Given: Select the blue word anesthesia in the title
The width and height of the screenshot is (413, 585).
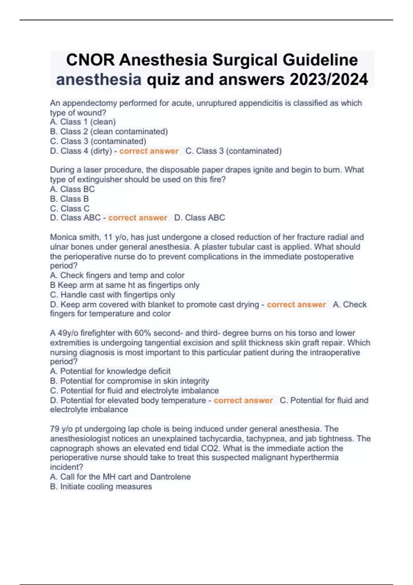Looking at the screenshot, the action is pyautogui.click(x=99, y=79).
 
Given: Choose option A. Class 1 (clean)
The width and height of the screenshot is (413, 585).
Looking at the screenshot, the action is pyautogui.click(x=83, y=122).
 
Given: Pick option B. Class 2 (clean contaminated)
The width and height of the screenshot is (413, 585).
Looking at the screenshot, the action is pyautogui.click(x=109, y=131).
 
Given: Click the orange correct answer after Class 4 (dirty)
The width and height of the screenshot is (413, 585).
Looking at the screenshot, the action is pyautogui.click(x=149, y=151).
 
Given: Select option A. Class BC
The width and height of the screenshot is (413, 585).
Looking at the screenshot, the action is pyautogui.click(x=72, y=189).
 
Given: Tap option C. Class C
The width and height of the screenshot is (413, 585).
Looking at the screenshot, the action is pyautogui.click(x=70, y=209).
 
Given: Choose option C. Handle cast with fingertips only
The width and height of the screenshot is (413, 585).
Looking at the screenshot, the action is pyautogui.click(x=113, y=295).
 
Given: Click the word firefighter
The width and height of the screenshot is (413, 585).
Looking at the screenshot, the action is pyautogui.click(x=92, y=333).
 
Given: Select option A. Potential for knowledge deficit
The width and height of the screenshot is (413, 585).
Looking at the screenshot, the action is pyautogui.click(x=110, y=371).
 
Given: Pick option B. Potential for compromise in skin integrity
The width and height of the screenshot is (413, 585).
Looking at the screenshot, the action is pyautogui.click(x=129, y=381).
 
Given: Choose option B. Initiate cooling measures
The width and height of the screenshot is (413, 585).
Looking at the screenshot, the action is pyautogui.click(x=101, y=487).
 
